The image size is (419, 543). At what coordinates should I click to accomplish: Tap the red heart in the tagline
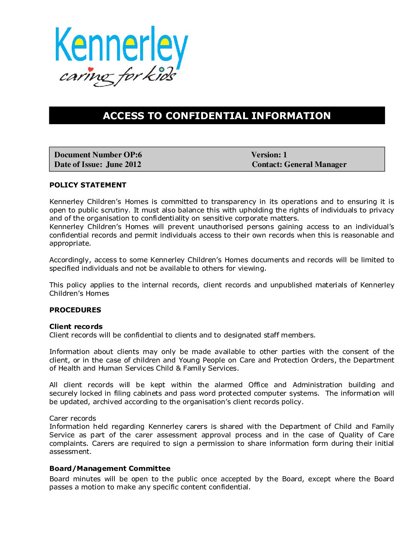(x=91, y=69)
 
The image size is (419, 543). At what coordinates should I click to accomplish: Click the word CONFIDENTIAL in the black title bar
(x=207, y=116)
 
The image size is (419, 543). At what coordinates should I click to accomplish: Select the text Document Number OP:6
(x=98, y=155)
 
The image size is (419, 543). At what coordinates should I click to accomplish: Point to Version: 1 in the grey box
(x=269, y=155)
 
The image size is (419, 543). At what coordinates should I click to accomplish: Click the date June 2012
(x=124, y=164)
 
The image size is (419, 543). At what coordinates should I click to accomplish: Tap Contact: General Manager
(x=299, y=164)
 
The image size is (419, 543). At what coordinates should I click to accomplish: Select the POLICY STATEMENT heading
(x=88, y=185)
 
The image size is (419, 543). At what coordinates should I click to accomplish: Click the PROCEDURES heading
(x=75, y=310)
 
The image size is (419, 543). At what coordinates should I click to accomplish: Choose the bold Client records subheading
(x=76, y=327)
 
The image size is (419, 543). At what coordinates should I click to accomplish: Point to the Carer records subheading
(x=72, y=418)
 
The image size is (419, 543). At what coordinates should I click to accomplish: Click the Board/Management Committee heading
(x=110, y=469)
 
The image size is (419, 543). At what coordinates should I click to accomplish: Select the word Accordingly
(x=70, y=260)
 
